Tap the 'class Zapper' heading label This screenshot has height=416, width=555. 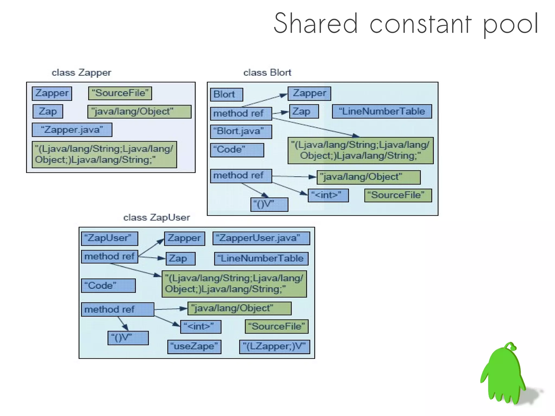(81, 73)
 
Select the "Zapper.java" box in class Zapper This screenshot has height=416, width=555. (72, 130)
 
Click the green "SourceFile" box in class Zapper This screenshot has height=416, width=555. (120, 93)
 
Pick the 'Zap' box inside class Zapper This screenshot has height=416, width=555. (48, 111)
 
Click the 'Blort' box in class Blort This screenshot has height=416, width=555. (226, 95)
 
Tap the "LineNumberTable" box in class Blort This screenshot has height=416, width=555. (382, 111)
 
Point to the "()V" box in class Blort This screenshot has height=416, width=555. (269, 204)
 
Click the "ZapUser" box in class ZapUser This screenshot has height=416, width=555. (109, 238)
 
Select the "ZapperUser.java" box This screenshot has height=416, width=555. (261, 238)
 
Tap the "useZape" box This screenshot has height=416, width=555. (194, 347)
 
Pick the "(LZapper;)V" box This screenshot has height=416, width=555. (274, 347)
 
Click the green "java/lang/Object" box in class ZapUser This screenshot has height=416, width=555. (239, 308)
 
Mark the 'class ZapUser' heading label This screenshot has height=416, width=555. (156, 218)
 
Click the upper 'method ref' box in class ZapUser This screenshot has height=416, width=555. (109, 257)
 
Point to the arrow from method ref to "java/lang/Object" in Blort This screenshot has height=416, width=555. (294, 177)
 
